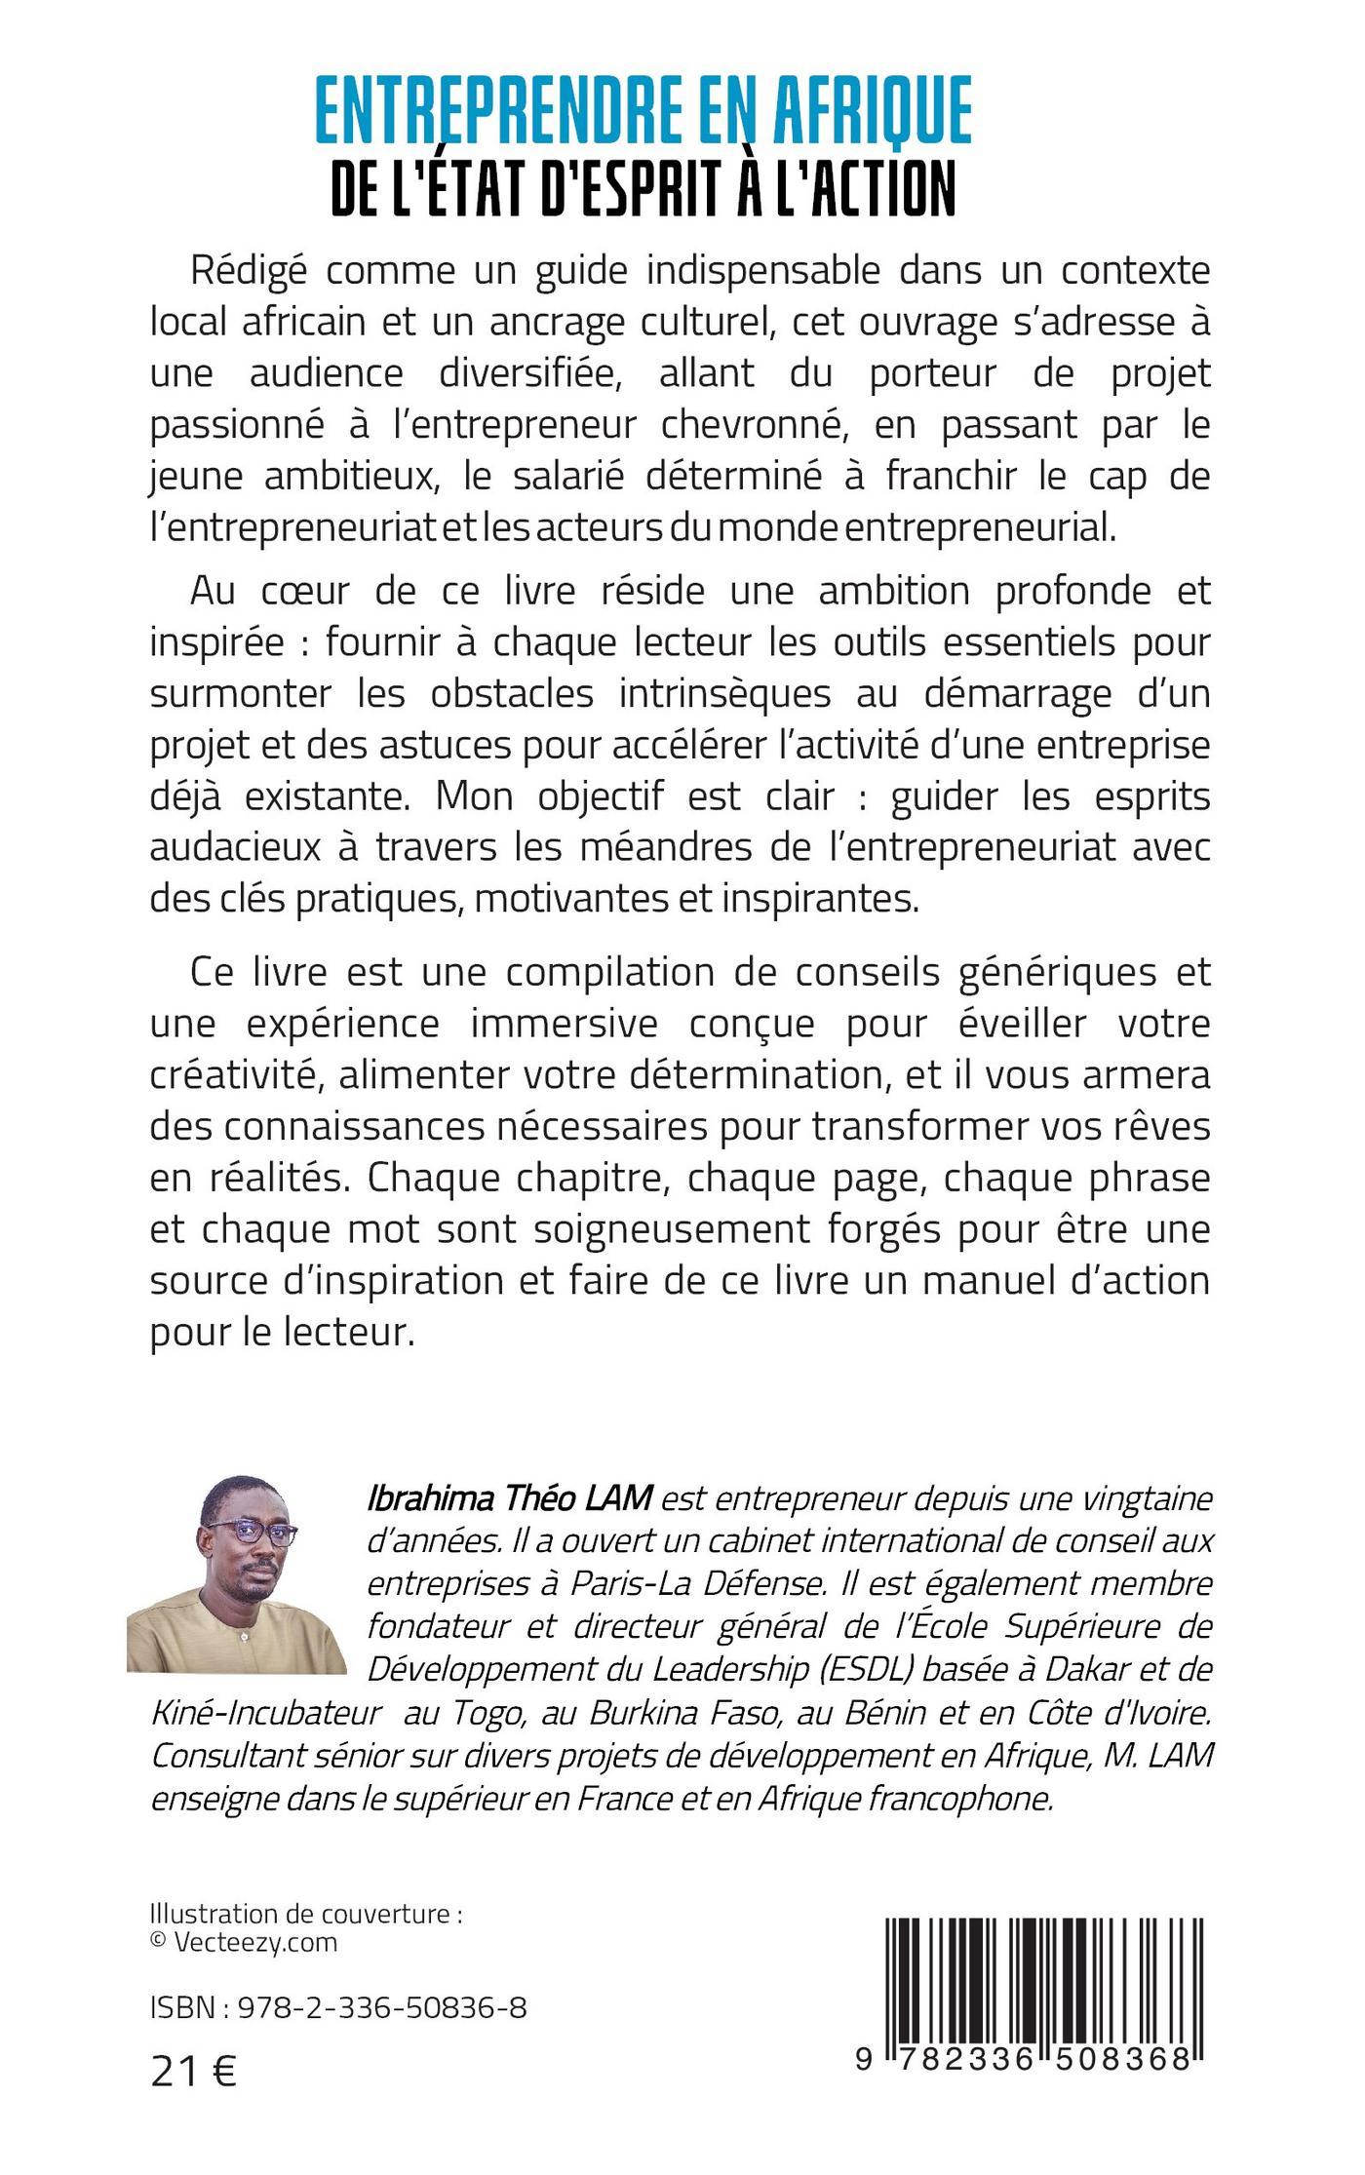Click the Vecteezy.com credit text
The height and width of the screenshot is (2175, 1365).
point(255,1942)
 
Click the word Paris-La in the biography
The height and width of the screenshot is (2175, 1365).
point(622,1583)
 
